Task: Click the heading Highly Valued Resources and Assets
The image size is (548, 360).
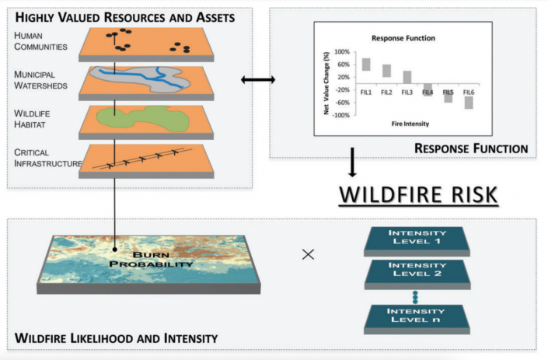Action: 124,16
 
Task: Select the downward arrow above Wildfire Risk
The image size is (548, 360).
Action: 351,163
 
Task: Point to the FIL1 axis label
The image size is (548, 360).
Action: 365,93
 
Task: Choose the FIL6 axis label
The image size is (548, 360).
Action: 468,93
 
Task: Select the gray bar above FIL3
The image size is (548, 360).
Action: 407,77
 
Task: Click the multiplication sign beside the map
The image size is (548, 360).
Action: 308,254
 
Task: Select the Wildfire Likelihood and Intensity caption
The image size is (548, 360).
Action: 116,338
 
